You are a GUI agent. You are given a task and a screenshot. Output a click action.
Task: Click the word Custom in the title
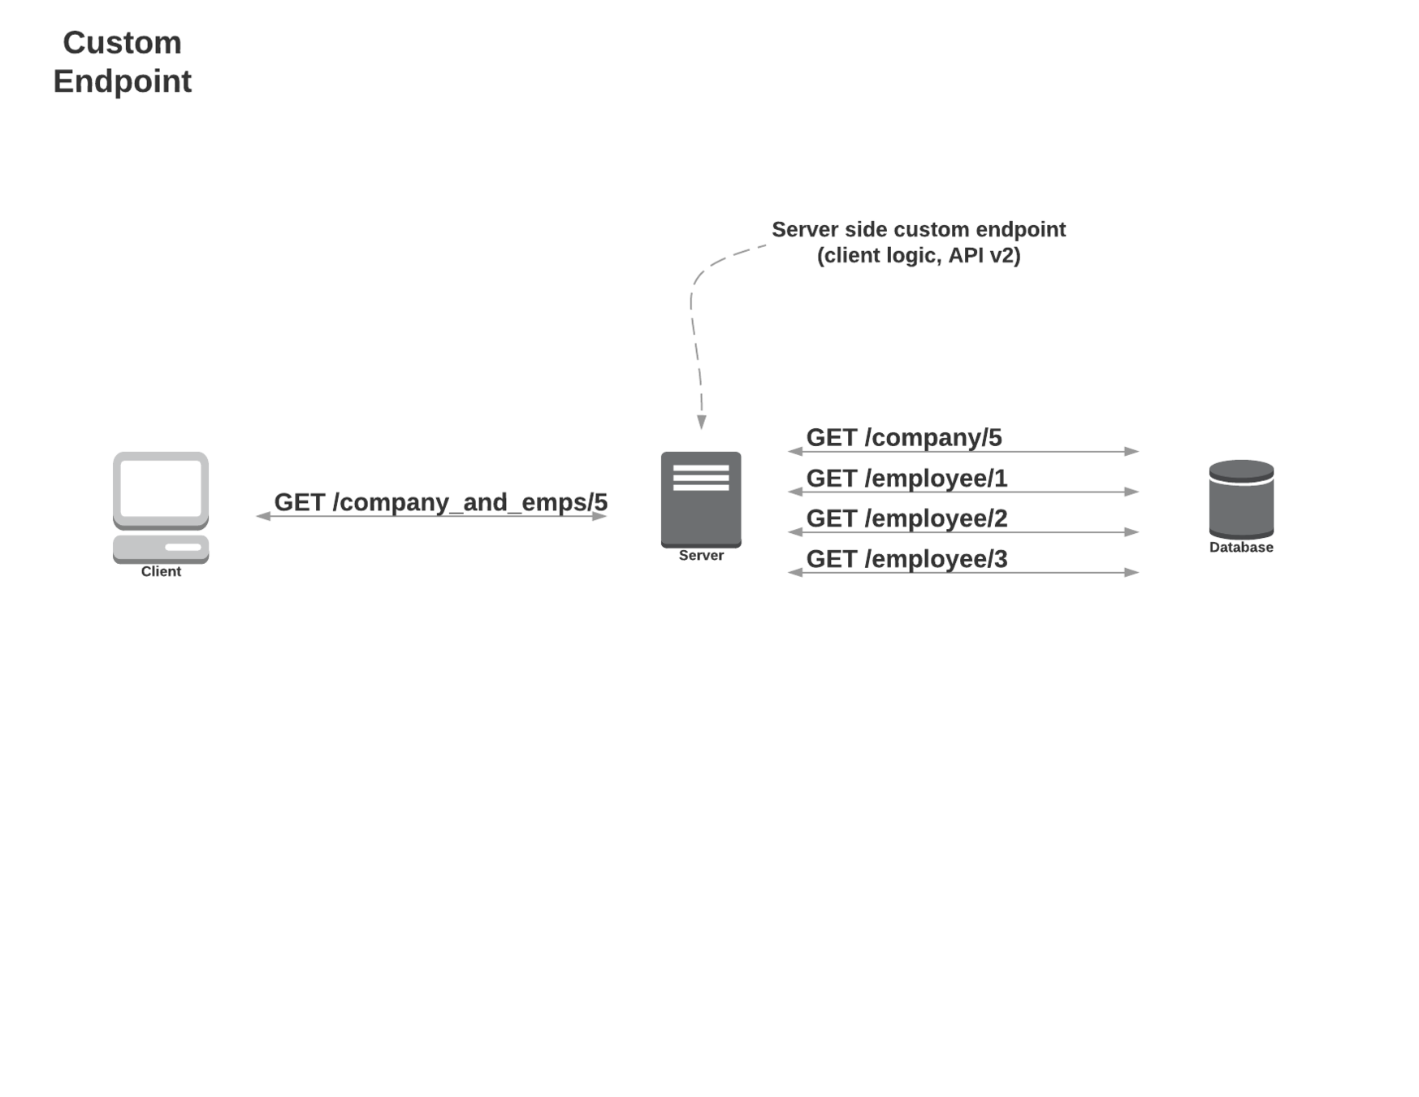[x=122, y=43]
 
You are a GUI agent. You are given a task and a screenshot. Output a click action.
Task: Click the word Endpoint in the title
[x=122, y=81]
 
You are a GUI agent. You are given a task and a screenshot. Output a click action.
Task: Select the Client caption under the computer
[x=161, y=571]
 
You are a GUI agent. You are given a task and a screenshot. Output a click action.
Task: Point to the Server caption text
[x=700, y=556]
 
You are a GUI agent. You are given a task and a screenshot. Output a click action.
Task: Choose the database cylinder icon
[x=1240, y=498]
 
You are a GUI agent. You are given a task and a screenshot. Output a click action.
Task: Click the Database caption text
[x=1240, y=548]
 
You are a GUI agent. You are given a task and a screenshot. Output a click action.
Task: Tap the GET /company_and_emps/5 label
[x=440, y=502]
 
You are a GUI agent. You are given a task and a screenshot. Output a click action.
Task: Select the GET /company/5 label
[x=903, y=437]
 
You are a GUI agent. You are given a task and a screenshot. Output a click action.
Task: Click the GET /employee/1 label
[x=906, y=478]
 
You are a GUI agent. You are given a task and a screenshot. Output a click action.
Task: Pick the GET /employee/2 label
[x=906, y=518]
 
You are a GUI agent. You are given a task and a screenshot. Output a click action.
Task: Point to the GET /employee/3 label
[x=906, y=559]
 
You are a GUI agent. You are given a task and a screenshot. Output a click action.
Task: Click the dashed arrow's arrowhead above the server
[x=702, y=423]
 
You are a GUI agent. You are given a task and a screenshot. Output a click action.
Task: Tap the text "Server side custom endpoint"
[x=918, y=230]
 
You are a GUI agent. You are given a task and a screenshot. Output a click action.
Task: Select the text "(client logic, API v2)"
[x=918, y=256]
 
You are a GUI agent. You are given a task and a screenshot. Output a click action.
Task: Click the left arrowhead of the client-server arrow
[x=263, y=516]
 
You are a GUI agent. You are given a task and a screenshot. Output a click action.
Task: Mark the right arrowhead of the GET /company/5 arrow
[x=1131, y=451]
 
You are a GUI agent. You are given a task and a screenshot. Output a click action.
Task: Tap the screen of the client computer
[x=161, y=488]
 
